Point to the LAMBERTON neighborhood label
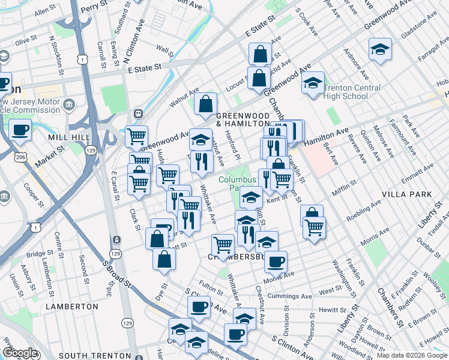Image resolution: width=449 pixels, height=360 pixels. [71, 306]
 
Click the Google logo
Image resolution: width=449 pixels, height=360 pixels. [20, 353]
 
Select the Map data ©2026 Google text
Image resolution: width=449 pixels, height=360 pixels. [412, 355]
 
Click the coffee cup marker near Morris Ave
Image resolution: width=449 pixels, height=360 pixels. [276, 261]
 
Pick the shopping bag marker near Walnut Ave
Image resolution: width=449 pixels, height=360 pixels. [205, 103]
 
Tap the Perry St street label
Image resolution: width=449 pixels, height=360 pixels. [92, 7]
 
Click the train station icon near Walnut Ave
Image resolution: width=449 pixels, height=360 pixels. [138, 113]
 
